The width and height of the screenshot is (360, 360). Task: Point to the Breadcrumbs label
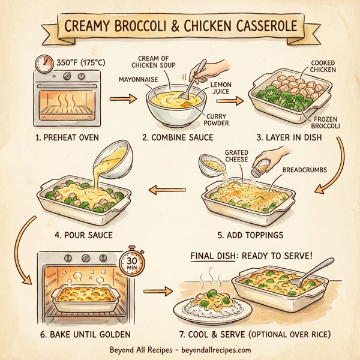(x=305, y=170)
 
